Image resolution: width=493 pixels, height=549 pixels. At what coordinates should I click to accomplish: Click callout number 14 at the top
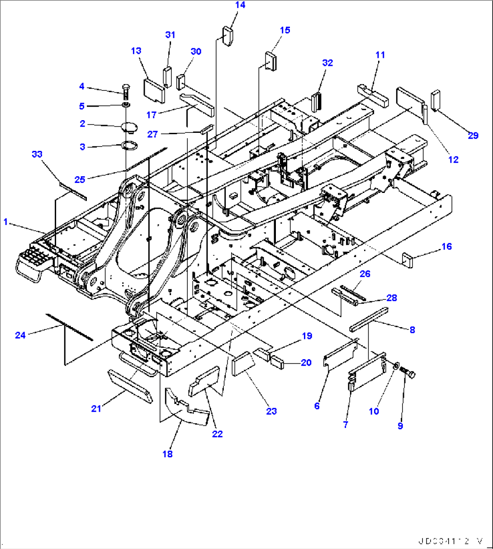(x=240, y=5)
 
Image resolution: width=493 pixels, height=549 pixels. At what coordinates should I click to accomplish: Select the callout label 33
(x=37, y=154)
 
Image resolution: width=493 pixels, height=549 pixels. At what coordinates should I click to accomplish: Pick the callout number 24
(x=20, y=335)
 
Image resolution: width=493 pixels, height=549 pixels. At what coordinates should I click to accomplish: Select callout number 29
(x=473, y=135)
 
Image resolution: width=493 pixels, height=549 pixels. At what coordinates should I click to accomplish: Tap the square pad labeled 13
(x=154, y=88)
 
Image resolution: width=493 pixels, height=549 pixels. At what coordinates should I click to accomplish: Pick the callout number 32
(x=327, y=63)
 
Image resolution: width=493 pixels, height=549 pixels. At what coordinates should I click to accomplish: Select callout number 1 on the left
(x=6, y=221)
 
